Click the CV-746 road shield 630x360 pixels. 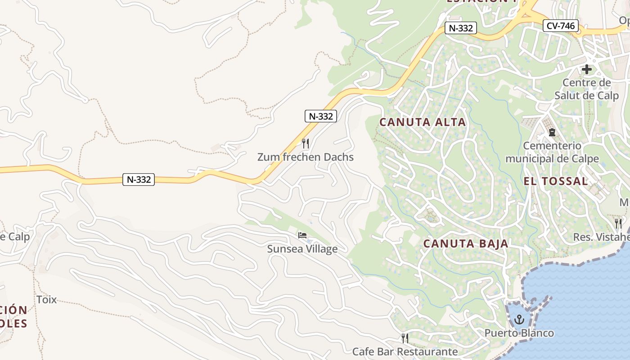[x=560, y=26]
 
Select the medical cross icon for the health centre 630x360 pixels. [x=587, y=70]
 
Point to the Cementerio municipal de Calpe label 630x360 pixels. [x=552, y=152]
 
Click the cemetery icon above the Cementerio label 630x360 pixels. [x=552, y=132]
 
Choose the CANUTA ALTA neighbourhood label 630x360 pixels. [x=423, y=122]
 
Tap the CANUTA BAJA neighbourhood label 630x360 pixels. [x=466, y=243]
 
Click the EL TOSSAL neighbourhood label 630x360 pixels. [x=556, y=181]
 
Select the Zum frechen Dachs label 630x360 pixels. [x=306, y=157]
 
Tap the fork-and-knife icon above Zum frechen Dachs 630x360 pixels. [x=306, y=143]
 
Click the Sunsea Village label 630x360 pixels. [x=302, y=249]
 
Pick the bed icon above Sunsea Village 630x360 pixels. [x=302, y=235]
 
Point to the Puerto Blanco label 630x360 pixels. [x=519, y=333]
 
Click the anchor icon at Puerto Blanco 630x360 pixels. [x=519, y=320]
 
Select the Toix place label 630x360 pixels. [x=46, y=299]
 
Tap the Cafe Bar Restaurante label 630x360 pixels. [x=405, y=351]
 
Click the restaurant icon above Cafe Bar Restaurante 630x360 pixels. [x=405, y=337]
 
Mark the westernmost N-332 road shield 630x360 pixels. [x=139, y=180]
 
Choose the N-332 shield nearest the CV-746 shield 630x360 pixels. [x=461, y=28]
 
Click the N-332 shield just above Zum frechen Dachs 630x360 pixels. [x=321, y=116]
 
